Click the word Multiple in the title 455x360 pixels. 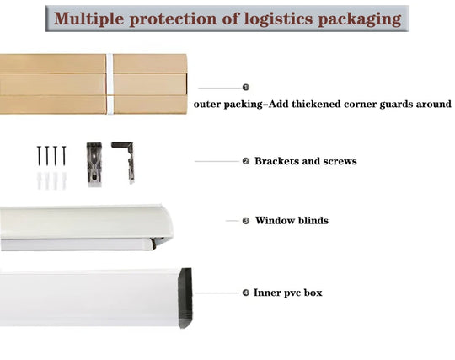pos(89,19)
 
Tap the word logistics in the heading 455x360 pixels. pos(278,19)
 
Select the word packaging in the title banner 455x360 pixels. pos(360,19)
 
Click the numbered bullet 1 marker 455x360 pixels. pos(246,88)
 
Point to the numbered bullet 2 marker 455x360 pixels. pos(246,161)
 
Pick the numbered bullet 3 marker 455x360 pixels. pos(246,221)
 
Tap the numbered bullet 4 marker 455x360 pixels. pos(246,293)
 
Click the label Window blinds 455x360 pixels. pos(292,220)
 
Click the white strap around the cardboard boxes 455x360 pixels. pos(110,83)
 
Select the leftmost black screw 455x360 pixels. pos(39,156)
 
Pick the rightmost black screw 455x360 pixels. pos(64,156)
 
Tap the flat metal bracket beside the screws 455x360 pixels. pos(94,164)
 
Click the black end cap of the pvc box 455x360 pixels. pos(185,298)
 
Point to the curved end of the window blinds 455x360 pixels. pos(165,223)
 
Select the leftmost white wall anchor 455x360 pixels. pos(39,180)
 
